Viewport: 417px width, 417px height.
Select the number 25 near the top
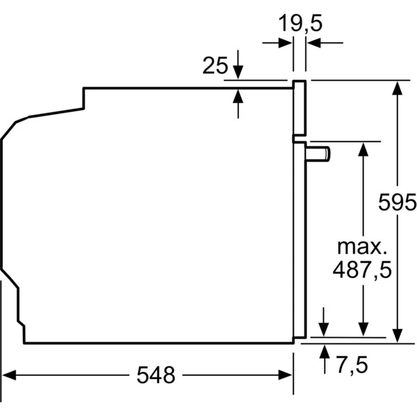[215, 66]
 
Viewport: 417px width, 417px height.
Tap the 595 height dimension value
[397, 204]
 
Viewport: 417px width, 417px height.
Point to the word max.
[360, 247]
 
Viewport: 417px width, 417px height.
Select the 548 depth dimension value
[156, 375]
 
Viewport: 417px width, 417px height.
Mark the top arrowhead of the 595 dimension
[398, 88]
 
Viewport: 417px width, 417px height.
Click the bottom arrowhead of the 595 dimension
[398, 336]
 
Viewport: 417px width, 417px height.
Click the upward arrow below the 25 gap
[238, 95]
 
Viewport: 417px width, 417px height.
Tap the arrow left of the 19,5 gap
[285, 43]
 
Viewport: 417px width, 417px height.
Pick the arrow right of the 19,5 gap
[313, 43]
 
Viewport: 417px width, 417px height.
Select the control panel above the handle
[300, 108]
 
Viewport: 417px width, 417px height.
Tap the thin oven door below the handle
[299, 243]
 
